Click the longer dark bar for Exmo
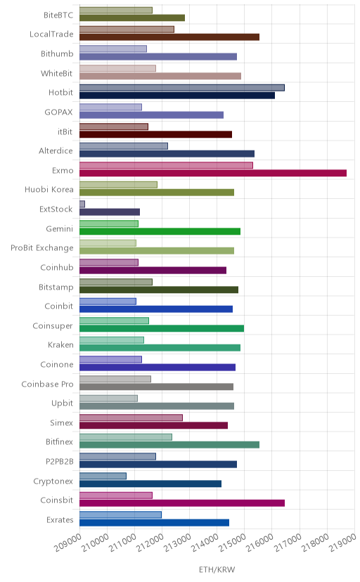pos(213,173)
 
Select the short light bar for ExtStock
pos(82,204)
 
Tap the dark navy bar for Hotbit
pos(177,96)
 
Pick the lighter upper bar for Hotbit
pos(182,88)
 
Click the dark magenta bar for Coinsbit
pos(182,503)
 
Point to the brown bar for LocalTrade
pos(169,37)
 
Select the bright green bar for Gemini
pos(160,231)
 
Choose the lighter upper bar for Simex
pos(131,418)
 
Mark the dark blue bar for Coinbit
pos(156,309)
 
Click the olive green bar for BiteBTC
pos(132,18)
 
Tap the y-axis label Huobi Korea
pos(49,190)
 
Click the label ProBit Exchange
pos(42,248)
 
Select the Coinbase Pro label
pos(48,384)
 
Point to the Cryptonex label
pos(53,481)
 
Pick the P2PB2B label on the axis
pos(59,462)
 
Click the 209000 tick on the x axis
pos(67,543)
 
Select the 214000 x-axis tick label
pos(205,543)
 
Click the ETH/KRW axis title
pos(217,570)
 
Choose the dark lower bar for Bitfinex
pos(169,445)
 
